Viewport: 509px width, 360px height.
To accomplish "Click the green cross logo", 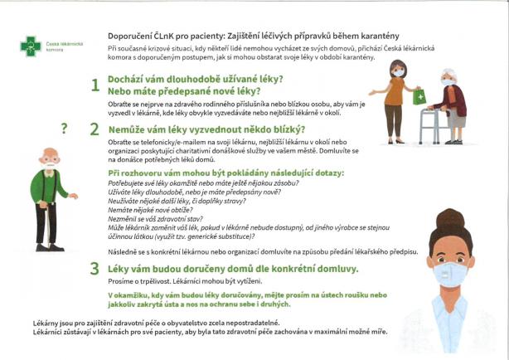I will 31,46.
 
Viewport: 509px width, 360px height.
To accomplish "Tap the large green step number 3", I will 95,269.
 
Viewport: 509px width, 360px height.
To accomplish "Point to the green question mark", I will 64,128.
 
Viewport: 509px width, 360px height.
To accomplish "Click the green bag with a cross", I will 419,97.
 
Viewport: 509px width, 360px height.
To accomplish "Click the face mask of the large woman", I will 450,271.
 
